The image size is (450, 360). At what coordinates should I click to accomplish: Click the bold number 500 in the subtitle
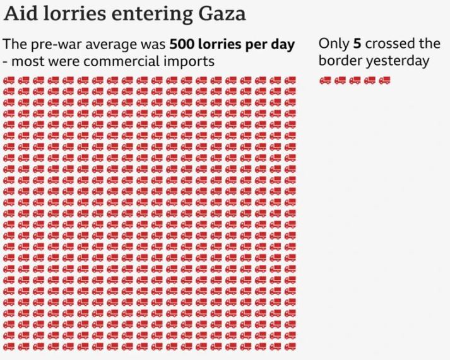pos(181,45)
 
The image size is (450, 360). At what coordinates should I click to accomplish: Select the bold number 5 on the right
pos(357,44)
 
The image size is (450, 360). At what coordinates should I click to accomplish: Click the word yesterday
pos(398,61)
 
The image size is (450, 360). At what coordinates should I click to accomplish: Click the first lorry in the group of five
pos(326,80)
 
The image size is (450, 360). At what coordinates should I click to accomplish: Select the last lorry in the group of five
pos(385,80)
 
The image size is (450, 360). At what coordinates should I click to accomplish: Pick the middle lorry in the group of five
pos(355,80)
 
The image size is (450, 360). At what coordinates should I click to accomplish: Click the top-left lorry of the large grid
pos(9,81)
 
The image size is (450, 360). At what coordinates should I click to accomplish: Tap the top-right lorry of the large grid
pos(290,81)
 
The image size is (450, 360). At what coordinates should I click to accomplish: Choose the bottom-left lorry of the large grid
pos(9,346)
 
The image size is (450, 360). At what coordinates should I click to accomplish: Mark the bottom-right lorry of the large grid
pos(290,346)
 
